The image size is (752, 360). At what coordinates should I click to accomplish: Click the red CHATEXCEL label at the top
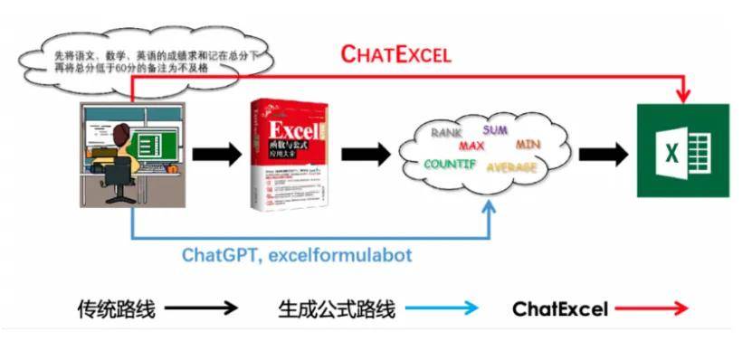(395, 53)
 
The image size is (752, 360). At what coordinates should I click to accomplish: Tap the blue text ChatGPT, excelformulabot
(297, 254)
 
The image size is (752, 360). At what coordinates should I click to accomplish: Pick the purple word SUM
(495, 129)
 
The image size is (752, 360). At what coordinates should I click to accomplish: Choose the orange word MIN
(528, 144)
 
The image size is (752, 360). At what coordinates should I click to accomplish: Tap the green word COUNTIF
(452, 165)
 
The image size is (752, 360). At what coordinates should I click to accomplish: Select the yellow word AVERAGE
(512, 167)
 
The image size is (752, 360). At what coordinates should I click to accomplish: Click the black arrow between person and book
(217, 154)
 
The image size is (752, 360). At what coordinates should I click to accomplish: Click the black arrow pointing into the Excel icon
(603, 152)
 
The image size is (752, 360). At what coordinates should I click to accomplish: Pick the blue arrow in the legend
(441, 308)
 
